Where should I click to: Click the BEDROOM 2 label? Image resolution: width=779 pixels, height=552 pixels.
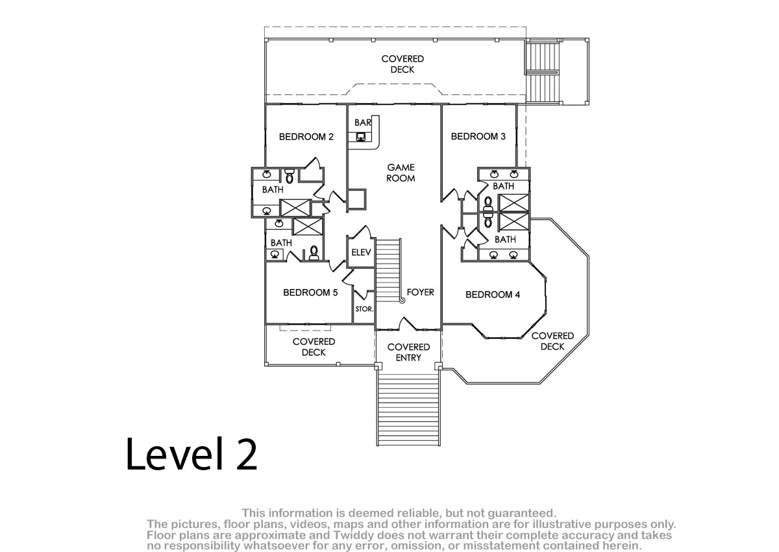point(306,136)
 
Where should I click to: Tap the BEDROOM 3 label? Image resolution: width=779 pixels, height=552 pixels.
point(478,136)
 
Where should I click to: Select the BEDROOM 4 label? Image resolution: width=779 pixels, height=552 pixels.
point(493,295)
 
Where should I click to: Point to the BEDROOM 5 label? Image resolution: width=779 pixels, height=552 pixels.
point(310,292)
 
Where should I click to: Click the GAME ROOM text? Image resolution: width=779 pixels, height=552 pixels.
point(401,173)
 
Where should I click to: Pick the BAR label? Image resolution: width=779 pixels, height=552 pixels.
point(363,123)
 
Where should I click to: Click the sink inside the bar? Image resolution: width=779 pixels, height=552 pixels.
point(361,137)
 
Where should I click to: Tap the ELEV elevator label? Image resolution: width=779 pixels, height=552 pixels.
point(361,253)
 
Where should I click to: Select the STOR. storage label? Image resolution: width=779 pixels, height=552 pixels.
point(364,309)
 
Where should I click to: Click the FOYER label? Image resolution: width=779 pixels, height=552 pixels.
point(420,292)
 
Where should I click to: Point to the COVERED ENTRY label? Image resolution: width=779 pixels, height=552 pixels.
point(408,353)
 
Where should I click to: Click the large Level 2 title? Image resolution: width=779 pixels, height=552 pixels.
point(192,455)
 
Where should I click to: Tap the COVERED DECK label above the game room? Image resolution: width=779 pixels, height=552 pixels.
point(402,64)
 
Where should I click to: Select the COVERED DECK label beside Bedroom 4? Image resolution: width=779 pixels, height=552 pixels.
point(552,341)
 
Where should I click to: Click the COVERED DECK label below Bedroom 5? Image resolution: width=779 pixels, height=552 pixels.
point(314,347)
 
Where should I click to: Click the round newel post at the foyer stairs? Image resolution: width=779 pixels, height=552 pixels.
point(402,301)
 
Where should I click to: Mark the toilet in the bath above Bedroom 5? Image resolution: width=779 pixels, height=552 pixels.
point(314,253)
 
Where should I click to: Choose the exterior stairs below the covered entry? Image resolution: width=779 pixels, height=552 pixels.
point(408,408)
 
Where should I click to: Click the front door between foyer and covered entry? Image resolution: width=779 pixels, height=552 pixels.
point(408,324)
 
